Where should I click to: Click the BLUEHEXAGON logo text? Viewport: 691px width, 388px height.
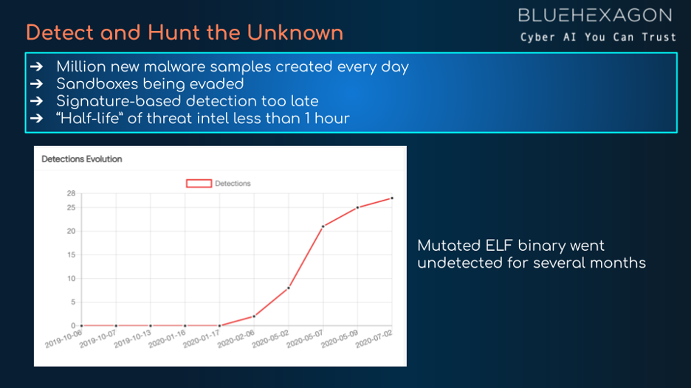coord(595,15)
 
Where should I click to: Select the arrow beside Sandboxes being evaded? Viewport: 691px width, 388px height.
coord(37,83)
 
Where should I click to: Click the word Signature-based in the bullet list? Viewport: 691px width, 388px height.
coord(120,101)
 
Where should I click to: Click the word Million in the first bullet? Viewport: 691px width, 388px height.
coord(81,67)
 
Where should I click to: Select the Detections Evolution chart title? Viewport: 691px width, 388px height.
coord(81,159)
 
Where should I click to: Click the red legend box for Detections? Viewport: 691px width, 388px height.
coord(199,183)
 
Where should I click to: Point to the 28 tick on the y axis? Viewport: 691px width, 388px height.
coord(71,193)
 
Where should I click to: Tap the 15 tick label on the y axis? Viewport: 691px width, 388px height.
coord(71,255)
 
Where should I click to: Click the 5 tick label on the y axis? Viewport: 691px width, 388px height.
coord(73,302)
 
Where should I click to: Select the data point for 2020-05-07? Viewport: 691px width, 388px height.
coord(323,226)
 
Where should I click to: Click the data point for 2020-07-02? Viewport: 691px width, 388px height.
coord(392,198)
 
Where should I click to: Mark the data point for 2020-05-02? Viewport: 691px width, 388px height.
coord(289,288)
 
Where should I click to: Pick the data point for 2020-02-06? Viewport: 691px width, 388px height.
coord(254,316)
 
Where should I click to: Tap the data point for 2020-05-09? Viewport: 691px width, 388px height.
coord(357,207)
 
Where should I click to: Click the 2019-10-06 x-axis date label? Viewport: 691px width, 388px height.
coord(63,339)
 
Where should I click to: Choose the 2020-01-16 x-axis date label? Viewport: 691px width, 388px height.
coord(167,339)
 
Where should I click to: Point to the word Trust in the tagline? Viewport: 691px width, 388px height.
coord(659,38)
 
